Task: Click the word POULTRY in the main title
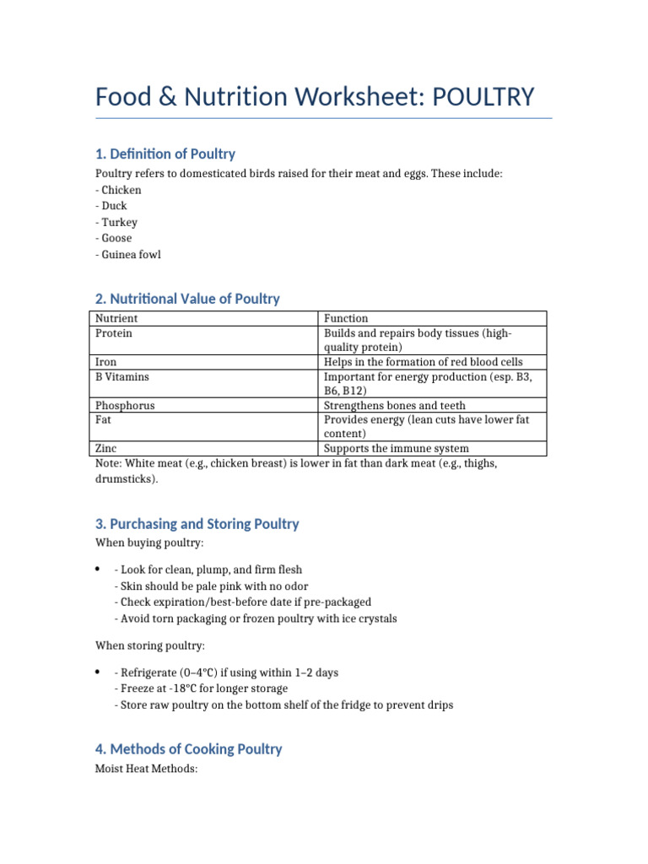click(x=483, y=97)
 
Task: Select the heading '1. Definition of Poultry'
click(x=165, y=154)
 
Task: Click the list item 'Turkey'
click(x=119, y=222)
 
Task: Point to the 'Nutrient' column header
click(x=116, y=318)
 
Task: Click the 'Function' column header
click(x=346, y=318)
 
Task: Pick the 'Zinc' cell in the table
click(x=106, y=448)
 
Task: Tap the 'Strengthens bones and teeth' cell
click(x=394, y=405)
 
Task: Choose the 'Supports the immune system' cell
click(x=397, y=448)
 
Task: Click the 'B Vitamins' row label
click(x=122, y=376)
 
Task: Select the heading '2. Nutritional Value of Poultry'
click(x=187, y=299)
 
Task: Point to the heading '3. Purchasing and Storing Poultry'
click(x=197, y=524)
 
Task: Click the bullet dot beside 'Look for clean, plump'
click(x=99, y=570)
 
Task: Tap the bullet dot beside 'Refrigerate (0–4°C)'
click(x=99, y=672)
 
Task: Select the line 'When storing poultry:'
click(x=148, y=645)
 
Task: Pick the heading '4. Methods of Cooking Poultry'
click(x=188, y=749)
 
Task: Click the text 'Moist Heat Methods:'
click(x=146, y=769)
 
